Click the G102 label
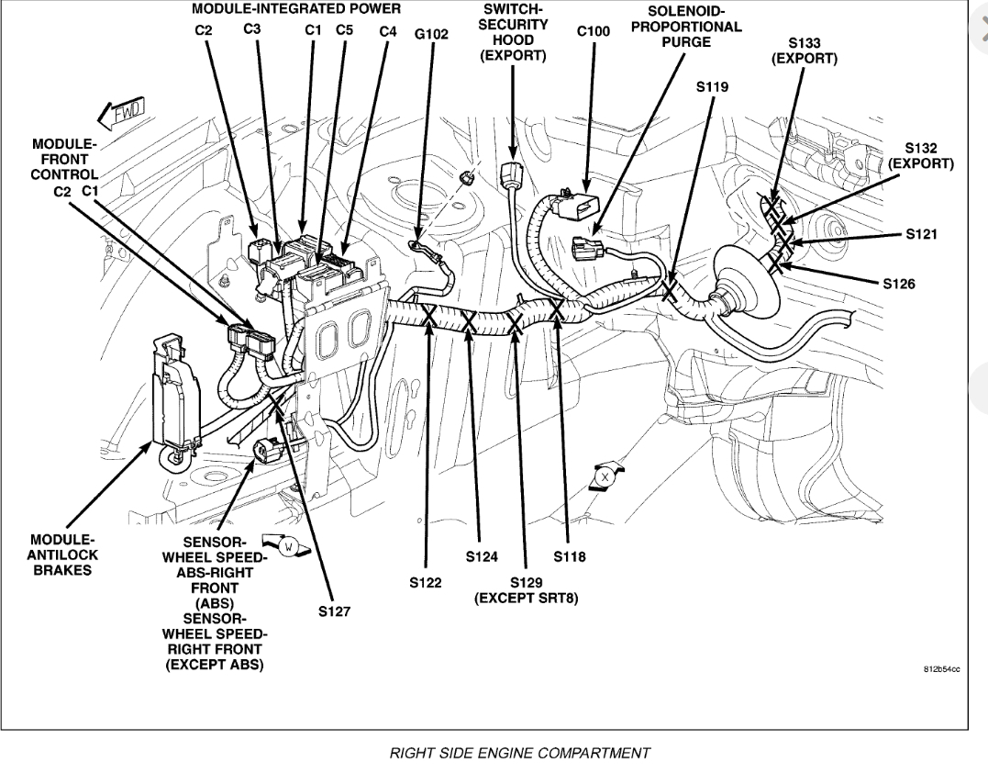click(431, 34)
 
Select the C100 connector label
click(593, 31)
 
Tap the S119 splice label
click(712, 88)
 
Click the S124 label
click(481, 556)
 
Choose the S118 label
click(569, 556)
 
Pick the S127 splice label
click(334, 611)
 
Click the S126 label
click(898, 284)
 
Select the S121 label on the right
click(921, 234)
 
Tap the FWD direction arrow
click(121, 114)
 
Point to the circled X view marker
click(605, 478)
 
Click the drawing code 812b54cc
click(940, 670)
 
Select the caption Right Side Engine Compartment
click(520, 753)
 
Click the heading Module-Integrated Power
click(296, 9)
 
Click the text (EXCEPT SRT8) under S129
click(526, 599)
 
